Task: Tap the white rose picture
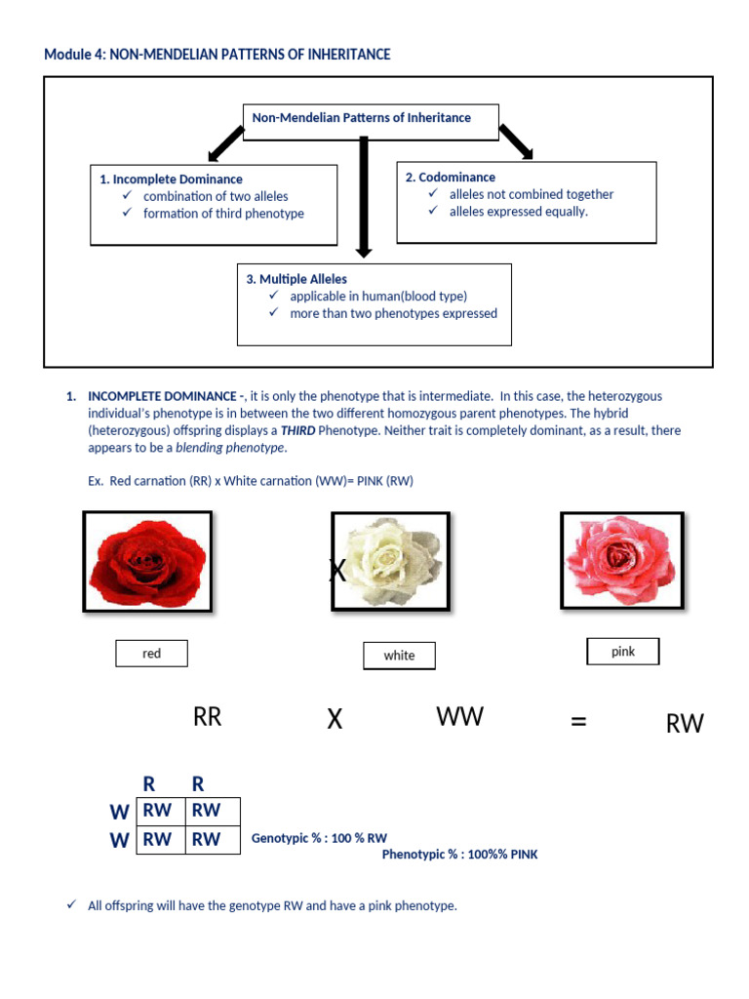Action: (390, 563)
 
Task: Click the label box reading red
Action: (151, 654)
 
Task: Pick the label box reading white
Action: (399, 656)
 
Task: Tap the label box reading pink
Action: (623, 652)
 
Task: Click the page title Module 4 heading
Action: (217, 55)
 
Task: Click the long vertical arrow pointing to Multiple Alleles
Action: (364, 195)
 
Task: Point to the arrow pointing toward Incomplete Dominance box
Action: (225, 143)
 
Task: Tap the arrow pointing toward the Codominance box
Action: (516, 140)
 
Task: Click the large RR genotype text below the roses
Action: (208, 718)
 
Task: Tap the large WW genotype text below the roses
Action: (459, 717)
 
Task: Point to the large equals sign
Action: (578, 721)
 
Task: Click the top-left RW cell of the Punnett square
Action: (158, 810)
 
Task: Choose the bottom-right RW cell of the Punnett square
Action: (207, 839)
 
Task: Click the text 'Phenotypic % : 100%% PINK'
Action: (459, 855)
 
